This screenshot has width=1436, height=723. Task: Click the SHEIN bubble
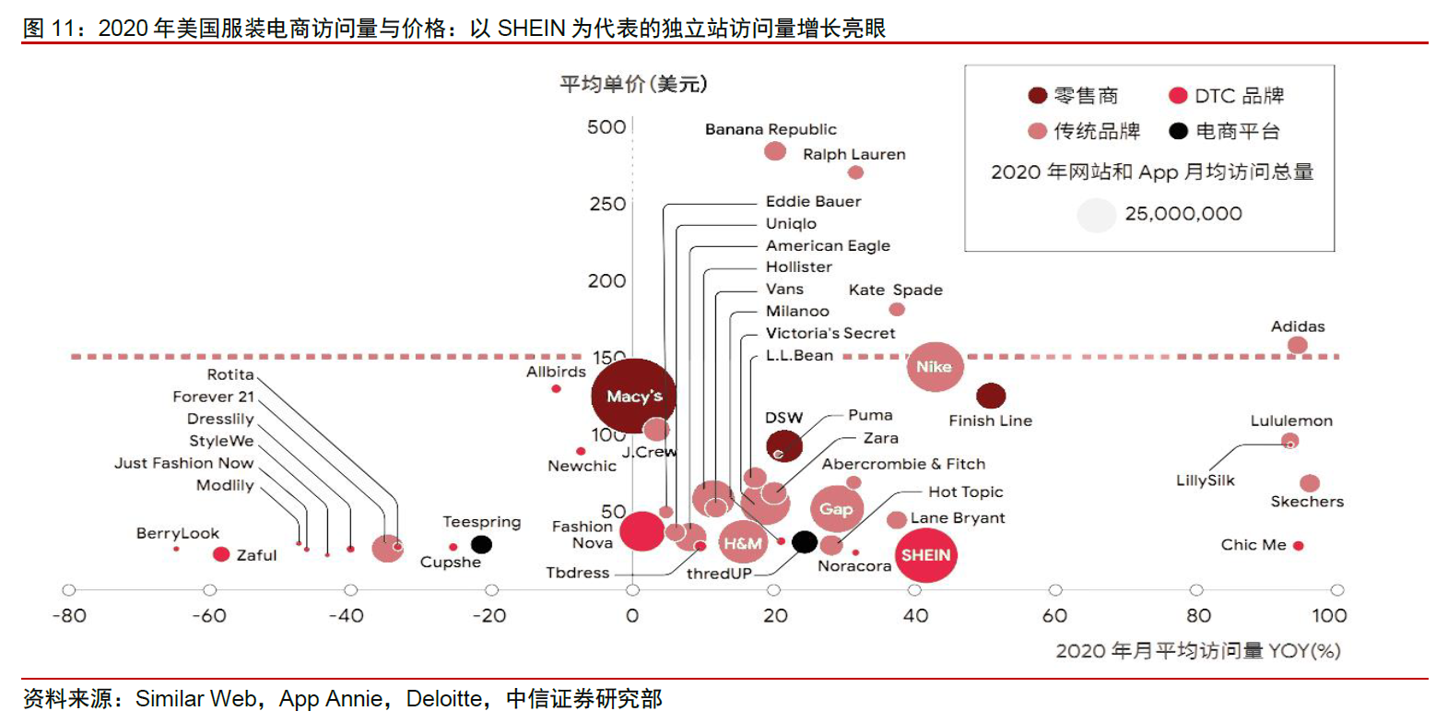(x=924, y=555)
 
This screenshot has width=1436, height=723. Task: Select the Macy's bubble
(x=634, y=397)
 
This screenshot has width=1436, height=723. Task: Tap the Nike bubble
(x=936, y=367)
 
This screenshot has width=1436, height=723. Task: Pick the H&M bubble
(x=743, y=543)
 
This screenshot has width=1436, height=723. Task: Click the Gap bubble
(x=836, y=509)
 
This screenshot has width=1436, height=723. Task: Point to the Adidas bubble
(x=1297, y=345)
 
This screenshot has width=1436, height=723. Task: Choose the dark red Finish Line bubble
(x=991, y=397)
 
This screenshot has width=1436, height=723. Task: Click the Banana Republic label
(x=771, y=129)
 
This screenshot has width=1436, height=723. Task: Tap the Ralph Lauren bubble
(x=855, y=172)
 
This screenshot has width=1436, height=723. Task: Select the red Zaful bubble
(x=220, y=554)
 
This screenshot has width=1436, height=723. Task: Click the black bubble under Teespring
(x=481, y=544)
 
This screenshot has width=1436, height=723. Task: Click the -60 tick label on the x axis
(x=209, y=616)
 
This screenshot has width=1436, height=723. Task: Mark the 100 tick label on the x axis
(x=1329, y=616)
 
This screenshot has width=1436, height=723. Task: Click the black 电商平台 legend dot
(x=1176, y=130)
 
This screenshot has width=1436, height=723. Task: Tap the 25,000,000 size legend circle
(x=1096, y=215)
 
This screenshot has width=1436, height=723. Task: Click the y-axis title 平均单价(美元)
(x=633, y=85)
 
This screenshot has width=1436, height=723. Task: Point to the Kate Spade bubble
(x=896, y=309)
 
